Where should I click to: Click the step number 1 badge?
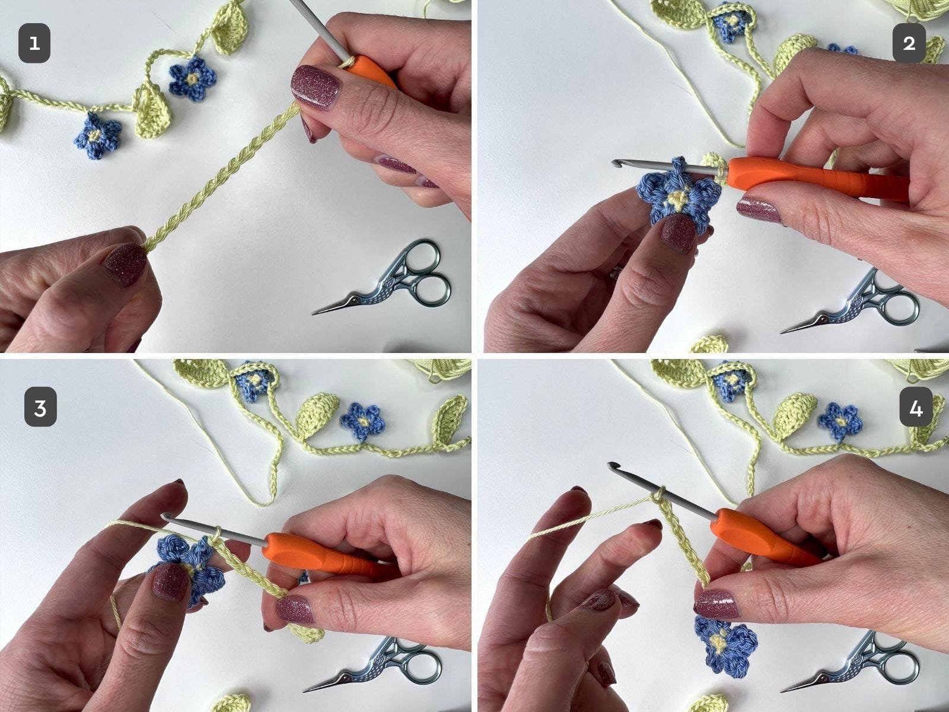tap(34, 43)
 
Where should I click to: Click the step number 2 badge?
tap(909, 43)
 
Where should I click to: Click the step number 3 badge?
tap(40, 407)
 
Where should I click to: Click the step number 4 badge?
tap(916, 407)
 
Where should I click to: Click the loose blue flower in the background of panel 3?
tap(362, 421)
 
